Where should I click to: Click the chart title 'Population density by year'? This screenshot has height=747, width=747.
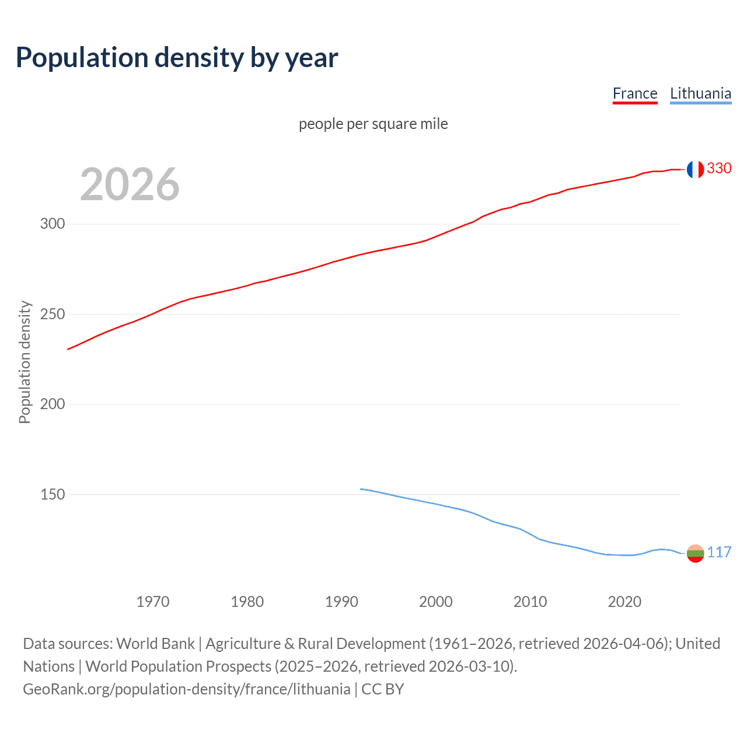coord(177,58)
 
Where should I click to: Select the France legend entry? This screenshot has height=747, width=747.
coord(635,93)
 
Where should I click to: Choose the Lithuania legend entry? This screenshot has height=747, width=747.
coord(700,93)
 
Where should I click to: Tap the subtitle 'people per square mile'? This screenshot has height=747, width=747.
coord(373,124)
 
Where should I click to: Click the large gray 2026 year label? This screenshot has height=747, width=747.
coord(130,184)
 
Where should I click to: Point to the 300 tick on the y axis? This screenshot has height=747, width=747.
coord(53,224)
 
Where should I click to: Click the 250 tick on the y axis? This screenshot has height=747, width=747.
coord(53,314)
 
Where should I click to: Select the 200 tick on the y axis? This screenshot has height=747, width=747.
coord(53,404)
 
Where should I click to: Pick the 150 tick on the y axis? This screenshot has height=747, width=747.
coord(53,494)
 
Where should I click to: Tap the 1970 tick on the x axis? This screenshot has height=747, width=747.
coord(153,602)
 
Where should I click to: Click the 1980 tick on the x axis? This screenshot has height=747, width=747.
coord(247,602)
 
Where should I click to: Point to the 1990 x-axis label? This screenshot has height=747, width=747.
coord(341,602)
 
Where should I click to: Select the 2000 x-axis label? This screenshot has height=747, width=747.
coord(436,602)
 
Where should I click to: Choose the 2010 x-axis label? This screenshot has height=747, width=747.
coord(530,602)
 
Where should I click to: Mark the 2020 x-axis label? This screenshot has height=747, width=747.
coord(624,602)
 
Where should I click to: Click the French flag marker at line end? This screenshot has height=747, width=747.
coord(695,169)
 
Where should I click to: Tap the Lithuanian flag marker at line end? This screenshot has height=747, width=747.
coord(695,553)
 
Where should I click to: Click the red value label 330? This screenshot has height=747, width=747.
coord(719,168)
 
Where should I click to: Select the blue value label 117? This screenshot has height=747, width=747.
coord(719,552)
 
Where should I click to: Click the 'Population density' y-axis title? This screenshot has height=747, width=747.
coord(25,362)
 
